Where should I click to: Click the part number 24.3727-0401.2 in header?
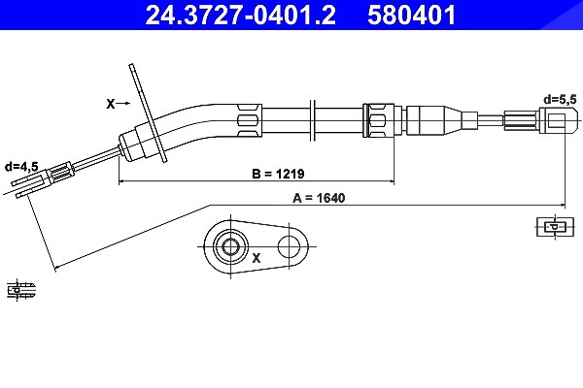pos(241,15)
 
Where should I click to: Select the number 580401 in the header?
pos(412,15)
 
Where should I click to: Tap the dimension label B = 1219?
pos(278,174)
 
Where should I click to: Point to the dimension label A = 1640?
pos(319,198)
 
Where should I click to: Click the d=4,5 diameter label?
pos(21,167)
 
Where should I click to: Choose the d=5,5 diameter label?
pos(560,100)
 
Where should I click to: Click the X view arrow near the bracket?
pos(119,104)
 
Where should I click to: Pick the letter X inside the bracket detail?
pos(257,258)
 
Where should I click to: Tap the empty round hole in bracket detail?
pos(289,246)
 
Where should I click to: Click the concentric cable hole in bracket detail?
pos(230,246)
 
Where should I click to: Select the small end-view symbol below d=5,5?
pos(554,226)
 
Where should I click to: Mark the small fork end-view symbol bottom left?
pos(21,290)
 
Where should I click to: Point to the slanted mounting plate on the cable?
pos(148,113)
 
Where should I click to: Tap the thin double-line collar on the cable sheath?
pos(313,120)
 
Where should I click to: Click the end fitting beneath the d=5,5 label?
pos(559,120)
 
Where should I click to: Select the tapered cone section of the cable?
pos(453,120)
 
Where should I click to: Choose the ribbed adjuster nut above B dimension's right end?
pos(379,120)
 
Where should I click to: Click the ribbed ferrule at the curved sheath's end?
pos(249,120)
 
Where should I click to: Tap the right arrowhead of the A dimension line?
pos(563,205)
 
